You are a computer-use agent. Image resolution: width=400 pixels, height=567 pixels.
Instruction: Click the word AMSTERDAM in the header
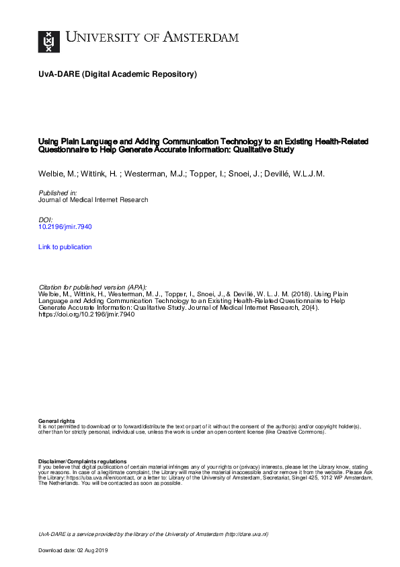coord(199,38)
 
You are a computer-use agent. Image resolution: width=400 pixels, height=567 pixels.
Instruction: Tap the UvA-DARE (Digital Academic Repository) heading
coord(118,75)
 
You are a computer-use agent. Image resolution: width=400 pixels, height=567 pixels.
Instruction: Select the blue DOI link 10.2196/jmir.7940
coord(65,227)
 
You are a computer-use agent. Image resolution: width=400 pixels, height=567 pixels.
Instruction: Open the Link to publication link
coord(65,247)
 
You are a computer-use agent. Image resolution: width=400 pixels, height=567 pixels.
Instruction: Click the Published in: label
coord(58,193)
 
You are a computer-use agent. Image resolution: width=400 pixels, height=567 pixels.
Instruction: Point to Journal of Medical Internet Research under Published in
coord(93,200)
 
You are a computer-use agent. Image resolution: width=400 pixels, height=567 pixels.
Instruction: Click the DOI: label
coord(46,220)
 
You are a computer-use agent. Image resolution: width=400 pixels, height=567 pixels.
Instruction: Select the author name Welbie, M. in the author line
coord(56,174)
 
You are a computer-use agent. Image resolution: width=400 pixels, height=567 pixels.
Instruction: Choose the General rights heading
coord(56,421)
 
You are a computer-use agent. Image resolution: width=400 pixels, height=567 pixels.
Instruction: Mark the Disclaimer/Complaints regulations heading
coord(83,461)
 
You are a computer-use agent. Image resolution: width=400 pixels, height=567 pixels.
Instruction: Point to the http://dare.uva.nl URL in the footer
coord(246,534)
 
